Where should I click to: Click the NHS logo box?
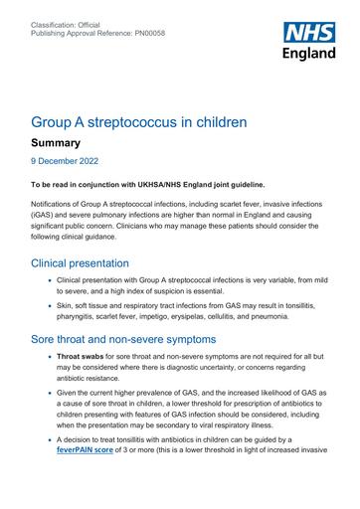[x=308, y=32]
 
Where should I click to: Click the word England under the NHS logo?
[x=308, y=54]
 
